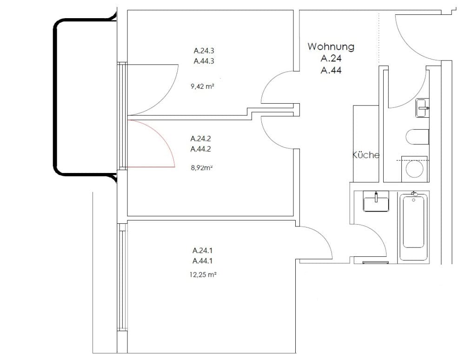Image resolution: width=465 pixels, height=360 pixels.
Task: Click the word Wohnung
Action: [x=331, y=47]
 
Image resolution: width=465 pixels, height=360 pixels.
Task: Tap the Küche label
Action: [x=366, y=155]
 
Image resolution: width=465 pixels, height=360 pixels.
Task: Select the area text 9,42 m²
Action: [x=203, y=87]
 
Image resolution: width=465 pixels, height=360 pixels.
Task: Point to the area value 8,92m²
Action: [x=202, y=168]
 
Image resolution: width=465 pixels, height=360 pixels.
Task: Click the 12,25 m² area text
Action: [x=203, y=274]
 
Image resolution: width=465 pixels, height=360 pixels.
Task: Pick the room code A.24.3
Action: [x=204, y=51]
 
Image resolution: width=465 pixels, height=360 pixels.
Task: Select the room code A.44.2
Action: [x=201, y=149]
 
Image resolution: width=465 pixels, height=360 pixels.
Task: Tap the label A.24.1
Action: [x=203, y=251]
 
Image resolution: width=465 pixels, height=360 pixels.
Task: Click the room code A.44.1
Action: [x=203, y=261]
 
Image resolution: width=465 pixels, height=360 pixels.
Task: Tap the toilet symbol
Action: [x=417, y=137]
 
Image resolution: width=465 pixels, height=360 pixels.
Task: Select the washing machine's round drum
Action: [x=415, y=169]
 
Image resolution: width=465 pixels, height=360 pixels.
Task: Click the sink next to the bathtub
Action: [x=376, y=201]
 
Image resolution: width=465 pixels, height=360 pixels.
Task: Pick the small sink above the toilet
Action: [x=422, y=108]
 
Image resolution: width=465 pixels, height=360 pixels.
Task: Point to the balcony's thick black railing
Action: [x=55, y=98]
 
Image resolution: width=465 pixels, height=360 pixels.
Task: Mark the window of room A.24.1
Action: [x=122, y=277]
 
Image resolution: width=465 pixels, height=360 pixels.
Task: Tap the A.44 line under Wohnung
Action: [x=331, y=70]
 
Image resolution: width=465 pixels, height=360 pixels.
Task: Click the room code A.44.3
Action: [x=204, y=61]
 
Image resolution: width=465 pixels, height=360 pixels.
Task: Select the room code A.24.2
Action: [x=201, y=139]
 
